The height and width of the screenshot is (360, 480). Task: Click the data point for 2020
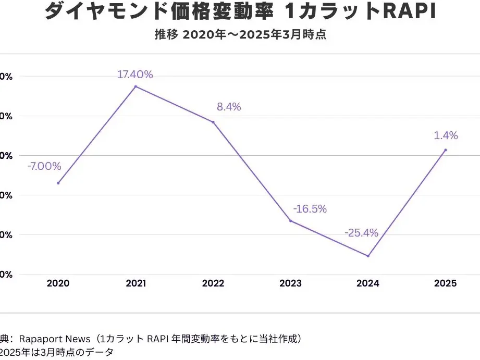(x=58, y=183)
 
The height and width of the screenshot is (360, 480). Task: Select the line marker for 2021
(x=136, y=86)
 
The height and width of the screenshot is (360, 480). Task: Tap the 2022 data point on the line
(x=213, y=122)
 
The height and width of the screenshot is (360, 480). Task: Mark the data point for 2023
(x=290, y=221)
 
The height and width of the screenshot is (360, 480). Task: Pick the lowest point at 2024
(x=368, y=256)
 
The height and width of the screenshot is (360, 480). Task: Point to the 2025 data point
(x=446, y=150)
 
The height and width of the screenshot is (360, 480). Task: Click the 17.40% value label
(x=135, y=75)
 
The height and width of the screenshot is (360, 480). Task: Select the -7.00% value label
(x=44, y=167)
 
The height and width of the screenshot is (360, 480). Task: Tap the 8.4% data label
(x=229, y=107)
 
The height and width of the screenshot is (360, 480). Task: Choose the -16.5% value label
(x=310, y=209)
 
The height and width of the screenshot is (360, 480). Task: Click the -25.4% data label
(x=361, y=233)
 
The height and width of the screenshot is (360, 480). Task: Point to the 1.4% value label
(x=446, y=136)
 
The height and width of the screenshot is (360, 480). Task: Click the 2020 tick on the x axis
(x=58, y=283)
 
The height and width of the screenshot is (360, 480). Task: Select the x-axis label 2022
(x=213, y=283)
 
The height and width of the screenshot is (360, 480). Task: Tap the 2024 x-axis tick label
(x=368, y=283)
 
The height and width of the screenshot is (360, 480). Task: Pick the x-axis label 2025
(x=446, y=283)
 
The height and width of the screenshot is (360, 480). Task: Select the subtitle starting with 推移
(x=240, y=35)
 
